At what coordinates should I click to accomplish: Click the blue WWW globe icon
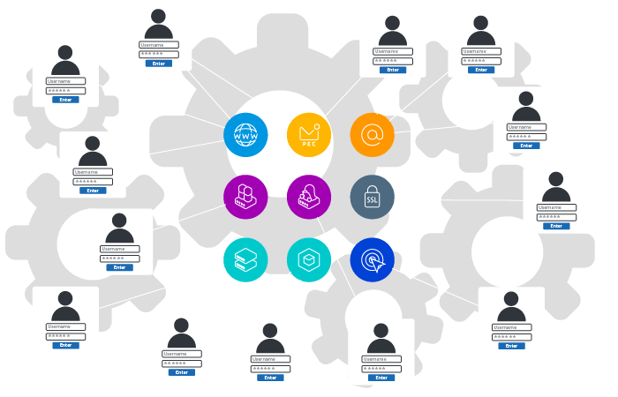pos(245,135)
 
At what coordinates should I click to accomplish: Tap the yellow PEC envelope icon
pos(309,135)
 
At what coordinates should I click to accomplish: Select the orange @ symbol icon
pos(372,135)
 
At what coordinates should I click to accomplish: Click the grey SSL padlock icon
pos(372,197)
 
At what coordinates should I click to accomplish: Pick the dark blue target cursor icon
pos(372,259)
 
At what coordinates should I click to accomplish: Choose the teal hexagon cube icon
pos(309,259)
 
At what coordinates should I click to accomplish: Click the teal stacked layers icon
pos(245,259)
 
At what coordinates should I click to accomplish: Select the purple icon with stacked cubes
pos(245,197)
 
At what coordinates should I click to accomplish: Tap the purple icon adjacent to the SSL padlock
pos(309,197)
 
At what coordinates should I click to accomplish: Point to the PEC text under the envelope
pos(309,143)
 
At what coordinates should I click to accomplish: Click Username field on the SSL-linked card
pos(556,207)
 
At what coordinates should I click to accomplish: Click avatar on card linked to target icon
pos(511,307)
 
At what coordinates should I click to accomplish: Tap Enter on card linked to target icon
pos(511,346)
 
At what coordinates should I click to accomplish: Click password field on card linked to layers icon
pos(65,336)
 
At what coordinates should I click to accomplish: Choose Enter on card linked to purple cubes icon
pos(119,267)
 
